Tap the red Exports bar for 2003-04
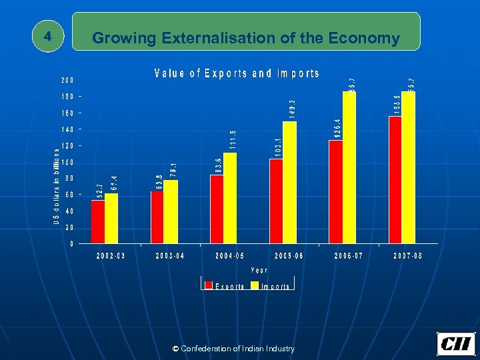point(157,217)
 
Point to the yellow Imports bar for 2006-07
point(349,167)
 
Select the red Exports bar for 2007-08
point(395,180)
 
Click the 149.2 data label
point(291,109)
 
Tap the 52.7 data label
point(99,191)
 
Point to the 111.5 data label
point(232,141)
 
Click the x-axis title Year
point(259,271)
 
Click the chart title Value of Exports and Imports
point(237,74)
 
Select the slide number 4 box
point(47,37)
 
